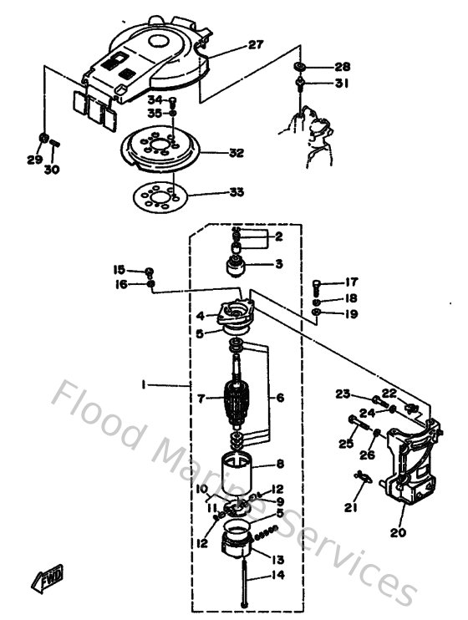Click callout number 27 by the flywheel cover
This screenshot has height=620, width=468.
click(256, 45)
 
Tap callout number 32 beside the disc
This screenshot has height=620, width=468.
click(237, 154)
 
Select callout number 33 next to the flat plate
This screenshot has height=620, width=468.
click(237, 192)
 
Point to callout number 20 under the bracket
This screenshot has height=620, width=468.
click(398, 532)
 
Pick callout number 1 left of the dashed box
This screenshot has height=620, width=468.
click(143, 385)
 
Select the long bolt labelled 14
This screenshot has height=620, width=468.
click(242, 577)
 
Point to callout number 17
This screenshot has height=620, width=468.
click(351, 282)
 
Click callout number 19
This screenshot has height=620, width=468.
click(351, 314)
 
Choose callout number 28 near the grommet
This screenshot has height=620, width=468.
click(343, 67)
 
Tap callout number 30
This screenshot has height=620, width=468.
click(52, 170)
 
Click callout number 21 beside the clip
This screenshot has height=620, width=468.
click(350, 507)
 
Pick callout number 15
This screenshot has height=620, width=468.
click(119, 269)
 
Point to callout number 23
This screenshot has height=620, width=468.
click(343, 394)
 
